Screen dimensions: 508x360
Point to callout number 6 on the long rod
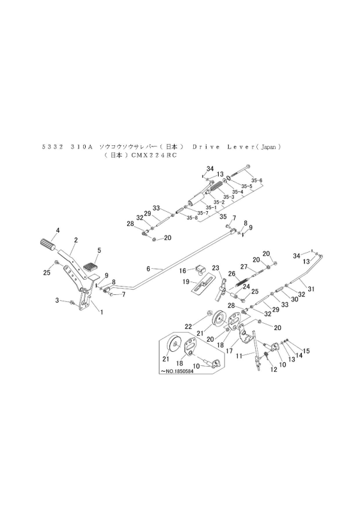pyautogui.click(x=148, y=269)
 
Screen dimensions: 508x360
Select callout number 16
pyautogui.click(x=182, y=270)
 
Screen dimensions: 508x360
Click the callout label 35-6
pyautogui.click(x=257, y=180)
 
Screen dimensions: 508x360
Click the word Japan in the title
pyautogui.click(x=267, y=147)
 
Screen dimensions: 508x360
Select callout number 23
pyautogui.click(x=215, y=267)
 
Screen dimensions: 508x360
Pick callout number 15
pyautogui.click(x=306, y=350)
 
